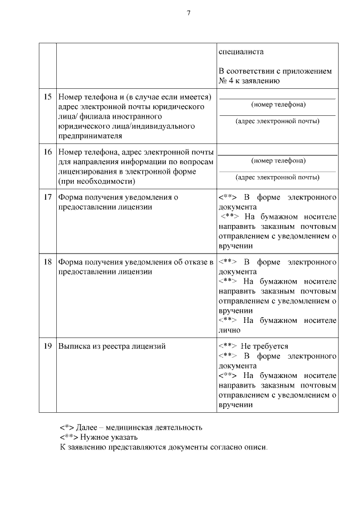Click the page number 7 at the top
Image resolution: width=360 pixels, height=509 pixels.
click(189, 13)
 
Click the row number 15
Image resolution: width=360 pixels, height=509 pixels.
click(48, 97)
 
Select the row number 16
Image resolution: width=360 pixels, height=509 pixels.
click(48, 152)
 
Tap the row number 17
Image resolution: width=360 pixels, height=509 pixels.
click(48, 197)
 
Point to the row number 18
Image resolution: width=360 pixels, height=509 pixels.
click(48, 262)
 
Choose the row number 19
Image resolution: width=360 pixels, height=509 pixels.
click(48, 346)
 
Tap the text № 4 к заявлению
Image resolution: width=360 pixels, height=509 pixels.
click(249, 81)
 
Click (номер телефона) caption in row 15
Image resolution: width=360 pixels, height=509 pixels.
click(278, 105)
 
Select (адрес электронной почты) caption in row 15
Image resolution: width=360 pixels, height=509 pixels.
click(278, 121)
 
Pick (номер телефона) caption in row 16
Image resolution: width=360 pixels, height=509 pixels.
click(278, 160)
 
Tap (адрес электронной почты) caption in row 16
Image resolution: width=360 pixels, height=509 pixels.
click(278, 177)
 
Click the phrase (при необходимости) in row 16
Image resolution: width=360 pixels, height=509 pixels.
click(96, 182)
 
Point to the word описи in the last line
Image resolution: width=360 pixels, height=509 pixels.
click(257, 447)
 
